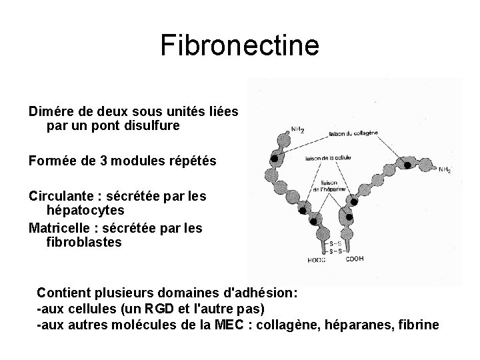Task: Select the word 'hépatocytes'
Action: coord(81,211)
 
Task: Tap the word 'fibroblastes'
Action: coord(85,243)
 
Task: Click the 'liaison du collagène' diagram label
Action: coord(354,133)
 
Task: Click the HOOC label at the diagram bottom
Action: coord(318,260)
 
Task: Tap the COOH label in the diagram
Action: coord(355,259)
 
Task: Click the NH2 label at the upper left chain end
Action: coord(297,130)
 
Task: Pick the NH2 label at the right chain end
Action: coord(444,171)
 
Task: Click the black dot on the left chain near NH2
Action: coord(274,159)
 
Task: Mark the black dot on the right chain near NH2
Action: coord(407,165)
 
